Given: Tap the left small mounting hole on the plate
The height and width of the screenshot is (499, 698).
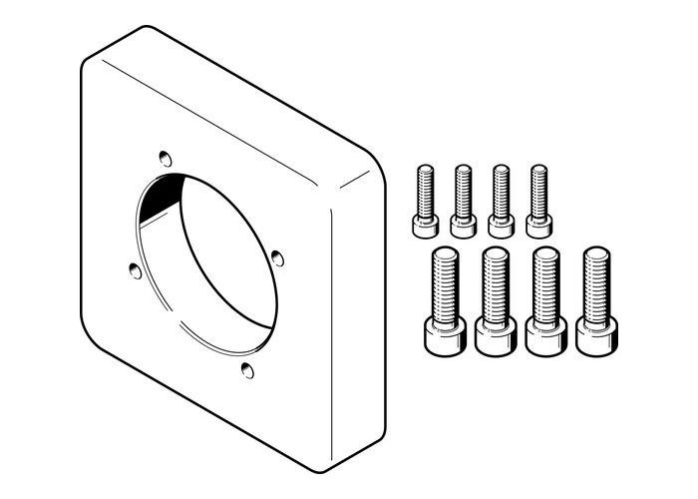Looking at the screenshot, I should (x=133, y=267).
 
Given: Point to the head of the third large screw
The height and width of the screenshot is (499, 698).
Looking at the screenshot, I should (x=543, y=334).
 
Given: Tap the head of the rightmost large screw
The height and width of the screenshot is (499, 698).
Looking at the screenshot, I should (x=595, y=334).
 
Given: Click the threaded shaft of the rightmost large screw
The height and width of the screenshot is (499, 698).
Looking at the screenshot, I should (x=595, y=281).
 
